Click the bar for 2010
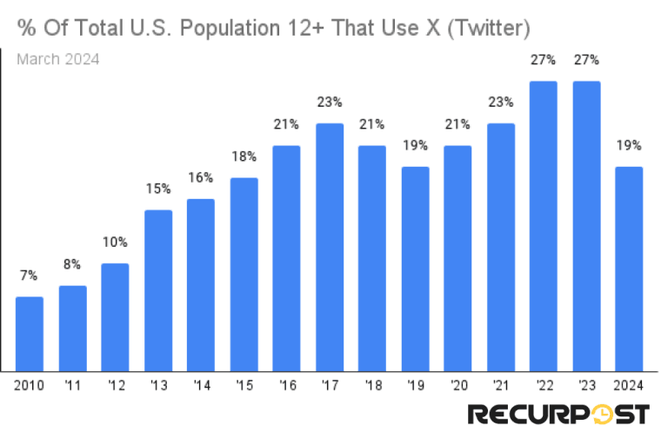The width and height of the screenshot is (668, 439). pyautogui.click(x=30, y=335)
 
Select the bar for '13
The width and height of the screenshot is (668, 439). pyautogui.click(x=158, y=291)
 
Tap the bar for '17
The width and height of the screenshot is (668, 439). pyautogui.click(x=330, y=248)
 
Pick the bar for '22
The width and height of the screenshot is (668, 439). pyautogui.click(x=544, y=227)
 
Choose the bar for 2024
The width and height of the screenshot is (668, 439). pyautogui.click(x=629, y=269)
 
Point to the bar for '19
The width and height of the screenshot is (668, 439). pyautogui.click(x=415, y=269)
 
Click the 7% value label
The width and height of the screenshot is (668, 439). pyautogui.click(x=30, y=276)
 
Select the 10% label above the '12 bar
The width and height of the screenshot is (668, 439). pyautogui.click(x=116, y=243)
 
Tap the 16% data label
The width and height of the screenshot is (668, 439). pyautogui.click(x=201, y=178)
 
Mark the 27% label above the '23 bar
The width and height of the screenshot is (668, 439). pyautogui.click(x=586, y=60)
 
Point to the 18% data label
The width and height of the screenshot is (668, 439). pyautogui.click(x=244, y=156)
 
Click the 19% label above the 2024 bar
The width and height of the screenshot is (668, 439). pyautogui.click(x=629, y=145)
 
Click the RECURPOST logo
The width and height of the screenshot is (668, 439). pyautogui.click(x=558, y=415)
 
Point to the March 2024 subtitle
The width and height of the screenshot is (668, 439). pyautogui.click(x=58, y=59)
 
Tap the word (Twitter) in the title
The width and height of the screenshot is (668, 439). pyautogui.click(x=489, y=29)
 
